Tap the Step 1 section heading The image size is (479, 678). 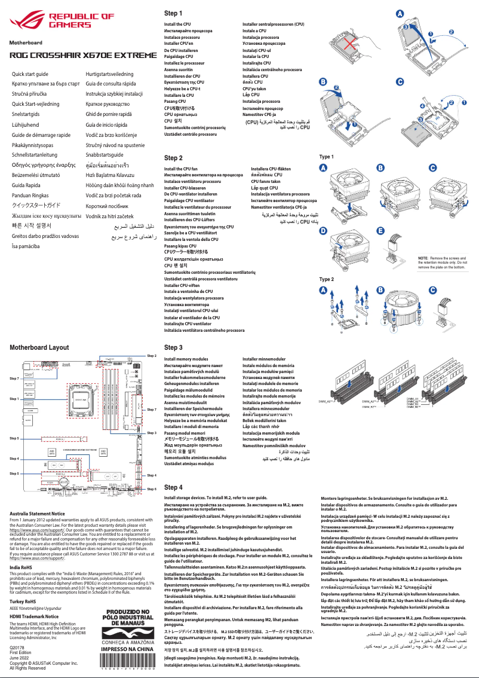(x=173, y=13)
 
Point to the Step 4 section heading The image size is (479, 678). (x=173, y=487)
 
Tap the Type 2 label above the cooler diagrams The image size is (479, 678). (x=327, y=279)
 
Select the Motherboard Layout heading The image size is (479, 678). (x=39, y=347)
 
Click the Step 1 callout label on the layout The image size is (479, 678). (x=14, y=398)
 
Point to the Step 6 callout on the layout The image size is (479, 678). (x=151, y=488)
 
